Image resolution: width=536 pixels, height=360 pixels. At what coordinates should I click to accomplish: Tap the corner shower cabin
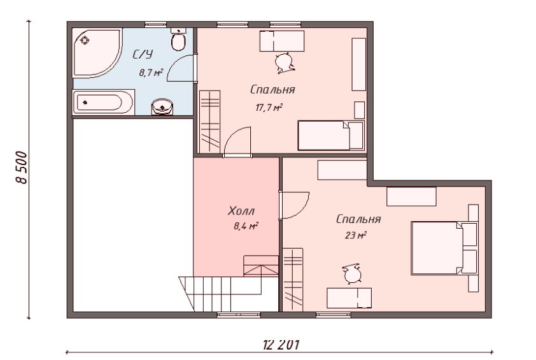click(x=95, y=52)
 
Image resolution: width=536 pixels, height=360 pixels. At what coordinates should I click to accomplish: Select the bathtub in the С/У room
click(x=103, y=102)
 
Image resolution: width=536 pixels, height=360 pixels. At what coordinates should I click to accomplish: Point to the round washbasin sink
click(x=162, y=107)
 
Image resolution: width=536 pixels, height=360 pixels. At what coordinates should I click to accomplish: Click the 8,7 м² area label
click(x=151, y=73)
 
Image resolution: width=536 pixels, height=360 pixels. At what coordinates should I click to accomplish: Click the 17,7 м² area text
click(x=269, y=108)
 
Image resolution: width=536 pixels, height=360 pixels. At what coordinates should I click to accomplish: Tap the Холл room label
click(x=241, y=211)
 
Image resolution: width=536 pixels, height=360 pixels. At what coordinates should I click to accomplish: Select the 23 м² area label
click(x=356, y=236)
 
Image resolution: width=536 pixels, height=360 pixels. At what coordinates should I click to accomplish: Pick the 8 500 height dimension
click(x=21, y=168)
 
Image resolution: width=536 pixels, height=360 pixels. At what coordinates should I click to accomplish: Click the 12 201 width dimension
click(x=281, y=345)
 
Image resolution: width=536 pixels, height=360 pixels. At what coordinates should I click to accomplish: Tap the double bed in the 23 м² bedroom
click(x=444, y=248)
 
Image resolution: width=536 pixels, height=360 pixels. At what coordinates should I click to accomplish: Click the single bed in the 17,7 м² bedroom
click(x=330, y=136)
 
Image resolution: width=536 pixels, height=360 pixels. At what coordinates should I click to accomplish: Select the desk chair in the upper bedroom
click(x=285, y=63)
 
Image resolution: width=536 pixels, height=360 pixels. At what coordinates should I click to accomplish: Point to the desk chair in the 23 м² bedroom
click(x=352, y=274)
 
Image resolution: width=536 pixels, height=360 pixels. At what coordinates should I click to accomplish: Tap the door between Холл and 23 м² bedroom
click(x=294, y=205)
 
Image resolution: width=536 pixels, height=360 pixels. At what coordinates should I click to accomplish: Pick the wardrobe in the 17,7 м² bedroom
click(x=210, y=122)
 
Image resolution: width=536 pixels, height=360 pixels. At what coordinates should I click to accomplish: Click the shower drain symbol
click(x=85, y=41)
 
